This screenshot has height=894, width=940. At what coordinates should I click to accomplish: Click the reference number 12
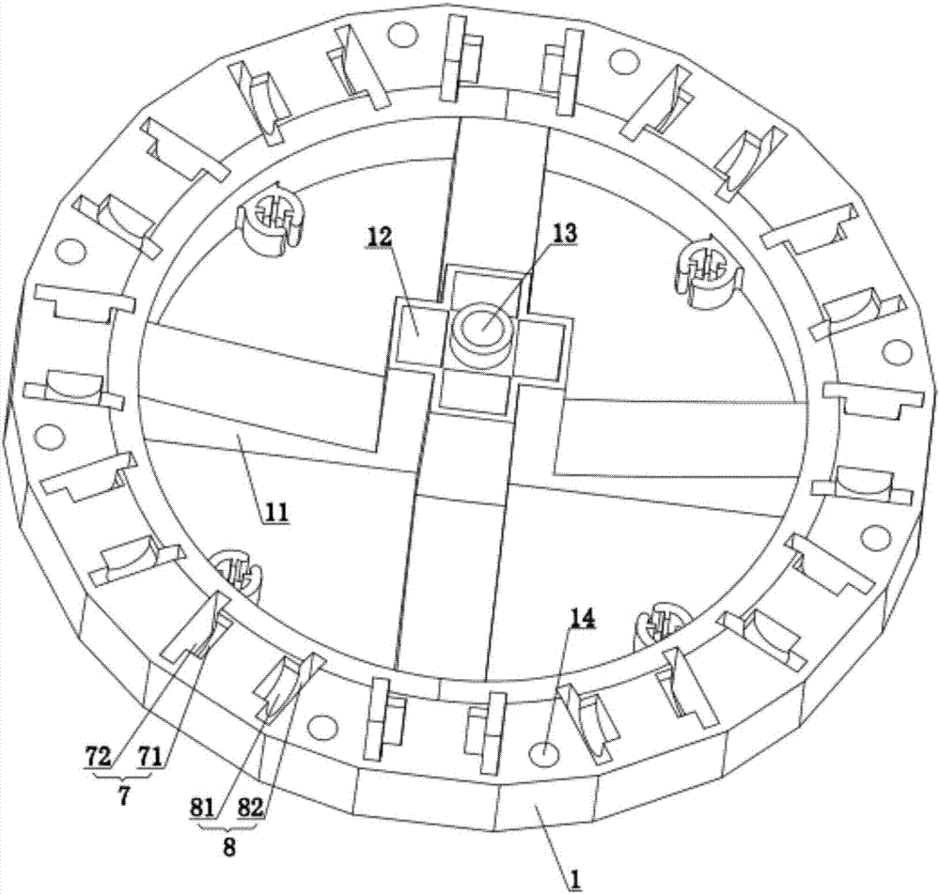(380, 237)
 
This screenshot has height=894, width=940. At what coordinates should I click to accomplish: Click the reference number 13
(564, 233)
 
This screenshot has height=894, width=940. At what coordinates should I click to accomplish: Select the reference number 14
(583, 618)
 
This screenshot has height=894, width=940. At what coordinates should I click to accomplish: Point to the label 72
(97, 758)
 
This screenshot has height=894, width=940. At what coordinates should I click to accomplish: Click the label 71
(149, 758)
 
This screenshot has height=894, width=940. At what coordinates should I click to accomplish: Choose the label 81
(202, 809)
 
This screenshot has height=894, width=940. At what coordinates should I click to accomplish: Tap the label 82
(251, 809)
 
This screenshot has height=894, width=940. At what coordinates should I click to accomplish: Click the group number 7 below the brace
(123, 797)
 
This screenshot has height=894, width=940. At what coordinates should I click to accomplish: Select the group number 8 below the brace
(228, 848)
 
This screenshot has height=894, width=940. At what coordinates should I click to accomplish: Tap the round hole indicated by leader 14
(545, 754)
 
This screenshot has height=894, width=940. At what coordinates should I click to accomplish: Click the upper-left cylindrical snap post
(270, 217)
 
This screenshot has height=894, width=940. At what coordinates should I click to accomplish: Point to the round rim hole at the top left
(402, 35)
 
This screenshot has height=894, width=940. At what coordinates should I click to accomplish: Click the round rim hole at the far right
(896, 352)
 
